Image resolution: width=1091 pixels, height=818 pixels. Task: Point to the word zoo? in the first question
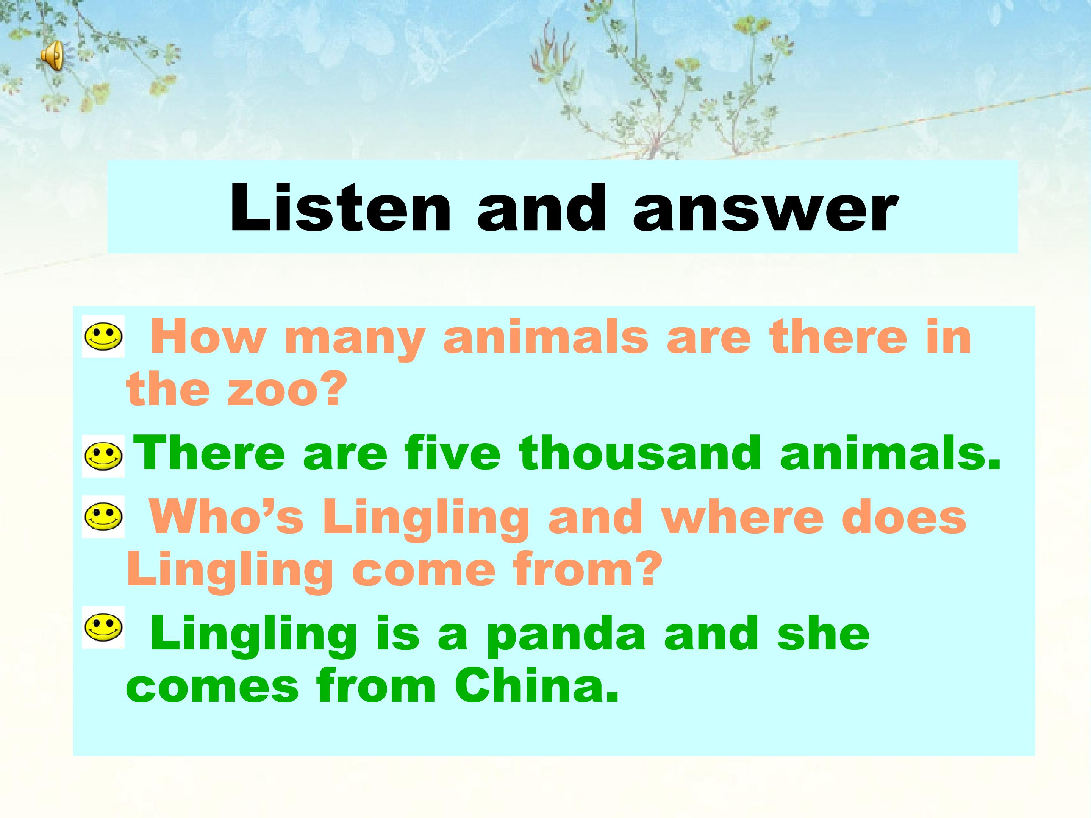click(x=283, y=390)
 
